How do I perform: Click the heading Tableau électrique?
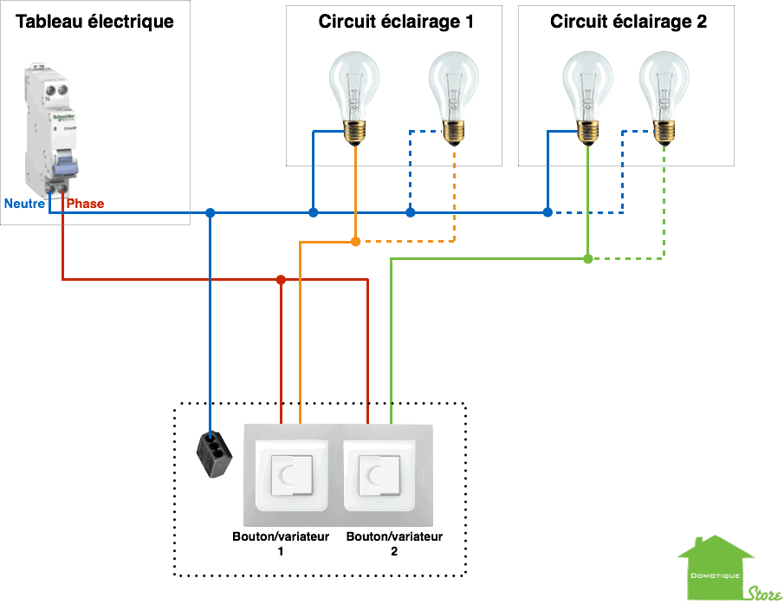pyautogui.click(x=95, y=22)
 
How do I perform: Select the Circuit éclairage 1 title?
pyautogui.click(x=396, y=22)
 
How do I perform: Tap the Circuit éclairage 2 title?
pyautogui.click(x=628, y=22)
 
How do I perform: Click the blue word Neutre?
pyautogui.click(x=24, y=204)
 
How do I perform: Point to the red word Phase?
pyautogui.click(x=85, y=204)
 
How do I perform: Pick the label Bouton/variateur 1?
pyautogui.click(x=281, y=543)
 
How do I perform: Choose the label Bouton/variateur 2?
pyautogui.click(x=394, y=543)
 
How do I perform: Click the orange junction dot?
pyautogui.click(x=355, y=241)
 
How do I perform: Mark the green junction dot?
pyautogui.click(x=588, y=258)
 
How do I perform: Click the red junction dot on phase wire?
pyautogui.click(x=280, y=279)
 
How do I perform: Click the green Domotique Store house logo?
pyautogui.click(x=716, y=568)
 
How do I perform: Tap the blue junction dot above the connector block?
pyautogui.click(x=210, y=212)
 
